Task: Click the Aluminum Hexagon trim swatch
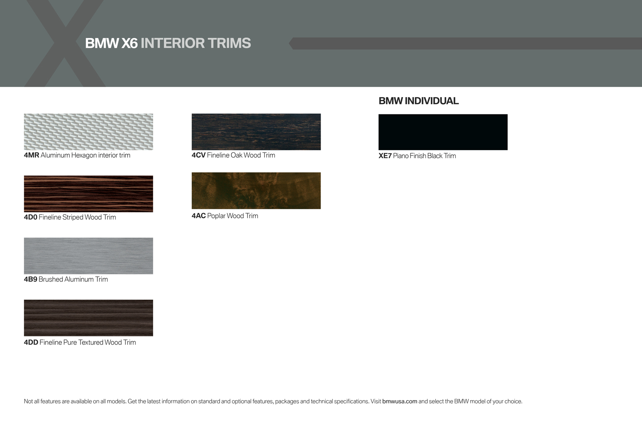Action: click(x=88, y=132)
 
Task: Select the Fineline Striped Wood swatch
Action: click(x=88, y=194)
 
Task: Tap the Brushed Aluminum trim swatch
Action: click(x=88, y=256)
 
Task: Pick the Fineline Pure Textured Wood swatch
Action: click(x=88, y=318)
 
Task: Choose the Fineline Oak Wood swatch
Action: click(x=256, y=132)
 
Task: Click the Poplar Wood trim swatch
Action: click(x=256, y=191)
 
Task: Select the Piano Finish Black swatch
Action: click(x=443, y=132)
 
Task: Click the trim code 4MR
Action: click(x=31, y=156)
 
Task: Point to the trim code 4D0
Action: click(x=31, y=218)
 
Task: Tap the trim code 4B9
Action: click(x=31, y=279)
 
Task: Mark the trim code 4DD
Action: click(x=31, y=343)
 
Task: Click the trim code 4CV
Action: click(x=199, y=156)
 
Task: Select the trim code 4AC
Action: click(x=199, y=216)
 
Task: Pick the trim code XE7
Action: click(x=385, y=156)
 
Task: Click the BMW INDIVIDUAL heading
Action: click(x=418, y=101)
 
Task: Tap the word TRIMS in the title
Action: click(x=229, y=43)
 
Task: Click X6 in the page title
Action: click(x=129, y=43)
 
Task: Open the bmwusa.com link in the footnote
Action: click(x=399, y=402)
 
